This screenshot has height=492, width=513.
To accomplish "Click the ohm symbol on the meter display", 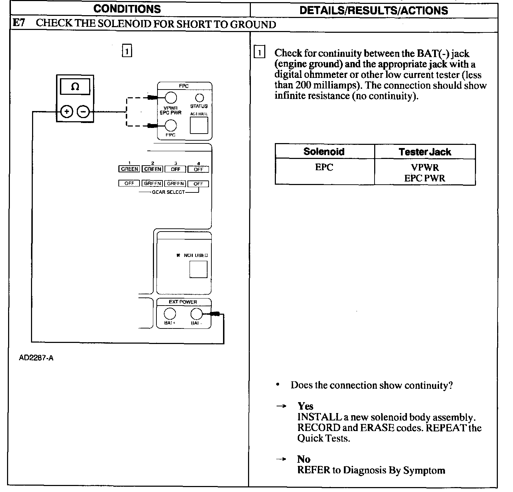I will pos(75,87).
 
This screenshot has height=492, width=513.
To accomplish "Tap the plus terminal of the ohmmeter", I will pos(67,112).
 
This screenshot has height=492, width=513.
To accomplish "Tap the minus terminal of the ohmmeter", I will pos(83,112).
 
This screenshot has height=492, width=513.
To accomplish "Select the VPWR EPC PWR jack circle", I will pos(171,98).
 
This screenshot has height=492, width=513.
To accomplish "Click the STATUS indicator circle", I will pos(199,98).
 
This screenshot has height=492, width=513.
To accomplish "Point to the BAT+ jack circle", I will pos(170,313).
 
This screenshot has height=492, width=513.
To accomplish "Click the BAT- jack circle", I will pos(196,313).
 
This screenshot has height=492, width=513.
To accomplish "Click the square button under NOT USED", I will pos(198,269).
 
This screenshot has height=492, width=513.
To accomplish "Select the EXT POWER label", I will pos(183,302).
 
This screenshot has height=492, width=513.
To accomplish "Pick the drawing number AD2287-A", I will pos(36,358).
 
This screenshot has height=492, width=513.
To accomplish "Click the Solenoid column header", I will pos(324,152).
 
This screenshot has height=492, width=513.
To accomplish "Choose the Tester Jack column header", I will pos(425,152).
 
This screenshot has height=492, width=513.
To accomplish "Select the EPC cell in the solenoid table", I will pos(324,167).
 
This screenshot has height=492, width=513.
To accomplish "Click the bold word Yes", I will pos(305,406).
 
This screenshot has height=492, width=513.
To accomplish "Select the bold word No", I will pos(304,459).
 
